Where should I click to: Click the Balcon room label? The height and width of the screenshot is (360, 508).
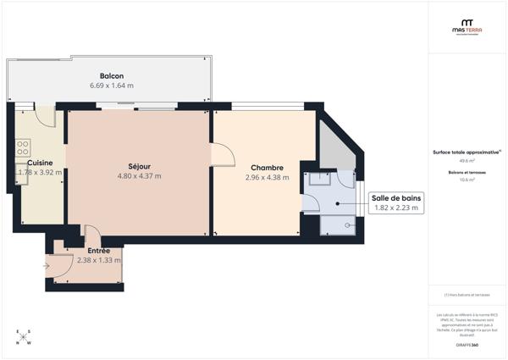click(112, 75)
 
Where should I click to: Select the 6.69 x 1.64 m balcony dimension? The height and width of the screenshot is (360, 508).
click(112, 86)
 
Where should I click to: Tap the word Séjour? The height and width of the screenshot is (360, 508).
click(139, 166)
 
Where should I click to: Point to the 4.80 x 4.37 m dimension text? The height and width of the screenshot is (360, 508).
click(139, 176)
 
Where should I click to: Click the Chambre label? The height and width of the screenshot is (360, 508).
click(267, 168)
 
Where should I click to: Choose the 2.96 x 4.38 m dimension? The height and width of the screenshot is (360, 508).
click(267, 178)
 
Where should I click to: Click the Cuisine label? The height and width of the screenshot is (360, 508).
click(40, 163)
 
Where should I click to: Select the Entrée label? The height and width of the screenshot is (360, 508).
click(98, 251)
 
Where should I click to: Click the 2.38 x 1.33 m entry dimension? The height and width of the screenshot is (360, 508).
click(98, 260)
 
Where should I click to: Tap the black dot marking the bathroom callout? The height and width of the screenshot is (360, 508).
click(337, 203)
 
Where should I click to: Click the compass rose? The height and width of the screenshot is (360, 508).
click(23, 337)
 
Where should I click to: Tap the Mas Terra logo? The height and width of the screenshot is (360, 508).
click(466, 28)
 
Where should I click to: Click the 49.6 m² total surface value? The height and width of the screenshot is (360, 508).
click(467, 160)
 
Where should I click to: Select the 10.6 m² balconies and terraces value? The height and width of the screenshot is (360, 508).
click(467, 180)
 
